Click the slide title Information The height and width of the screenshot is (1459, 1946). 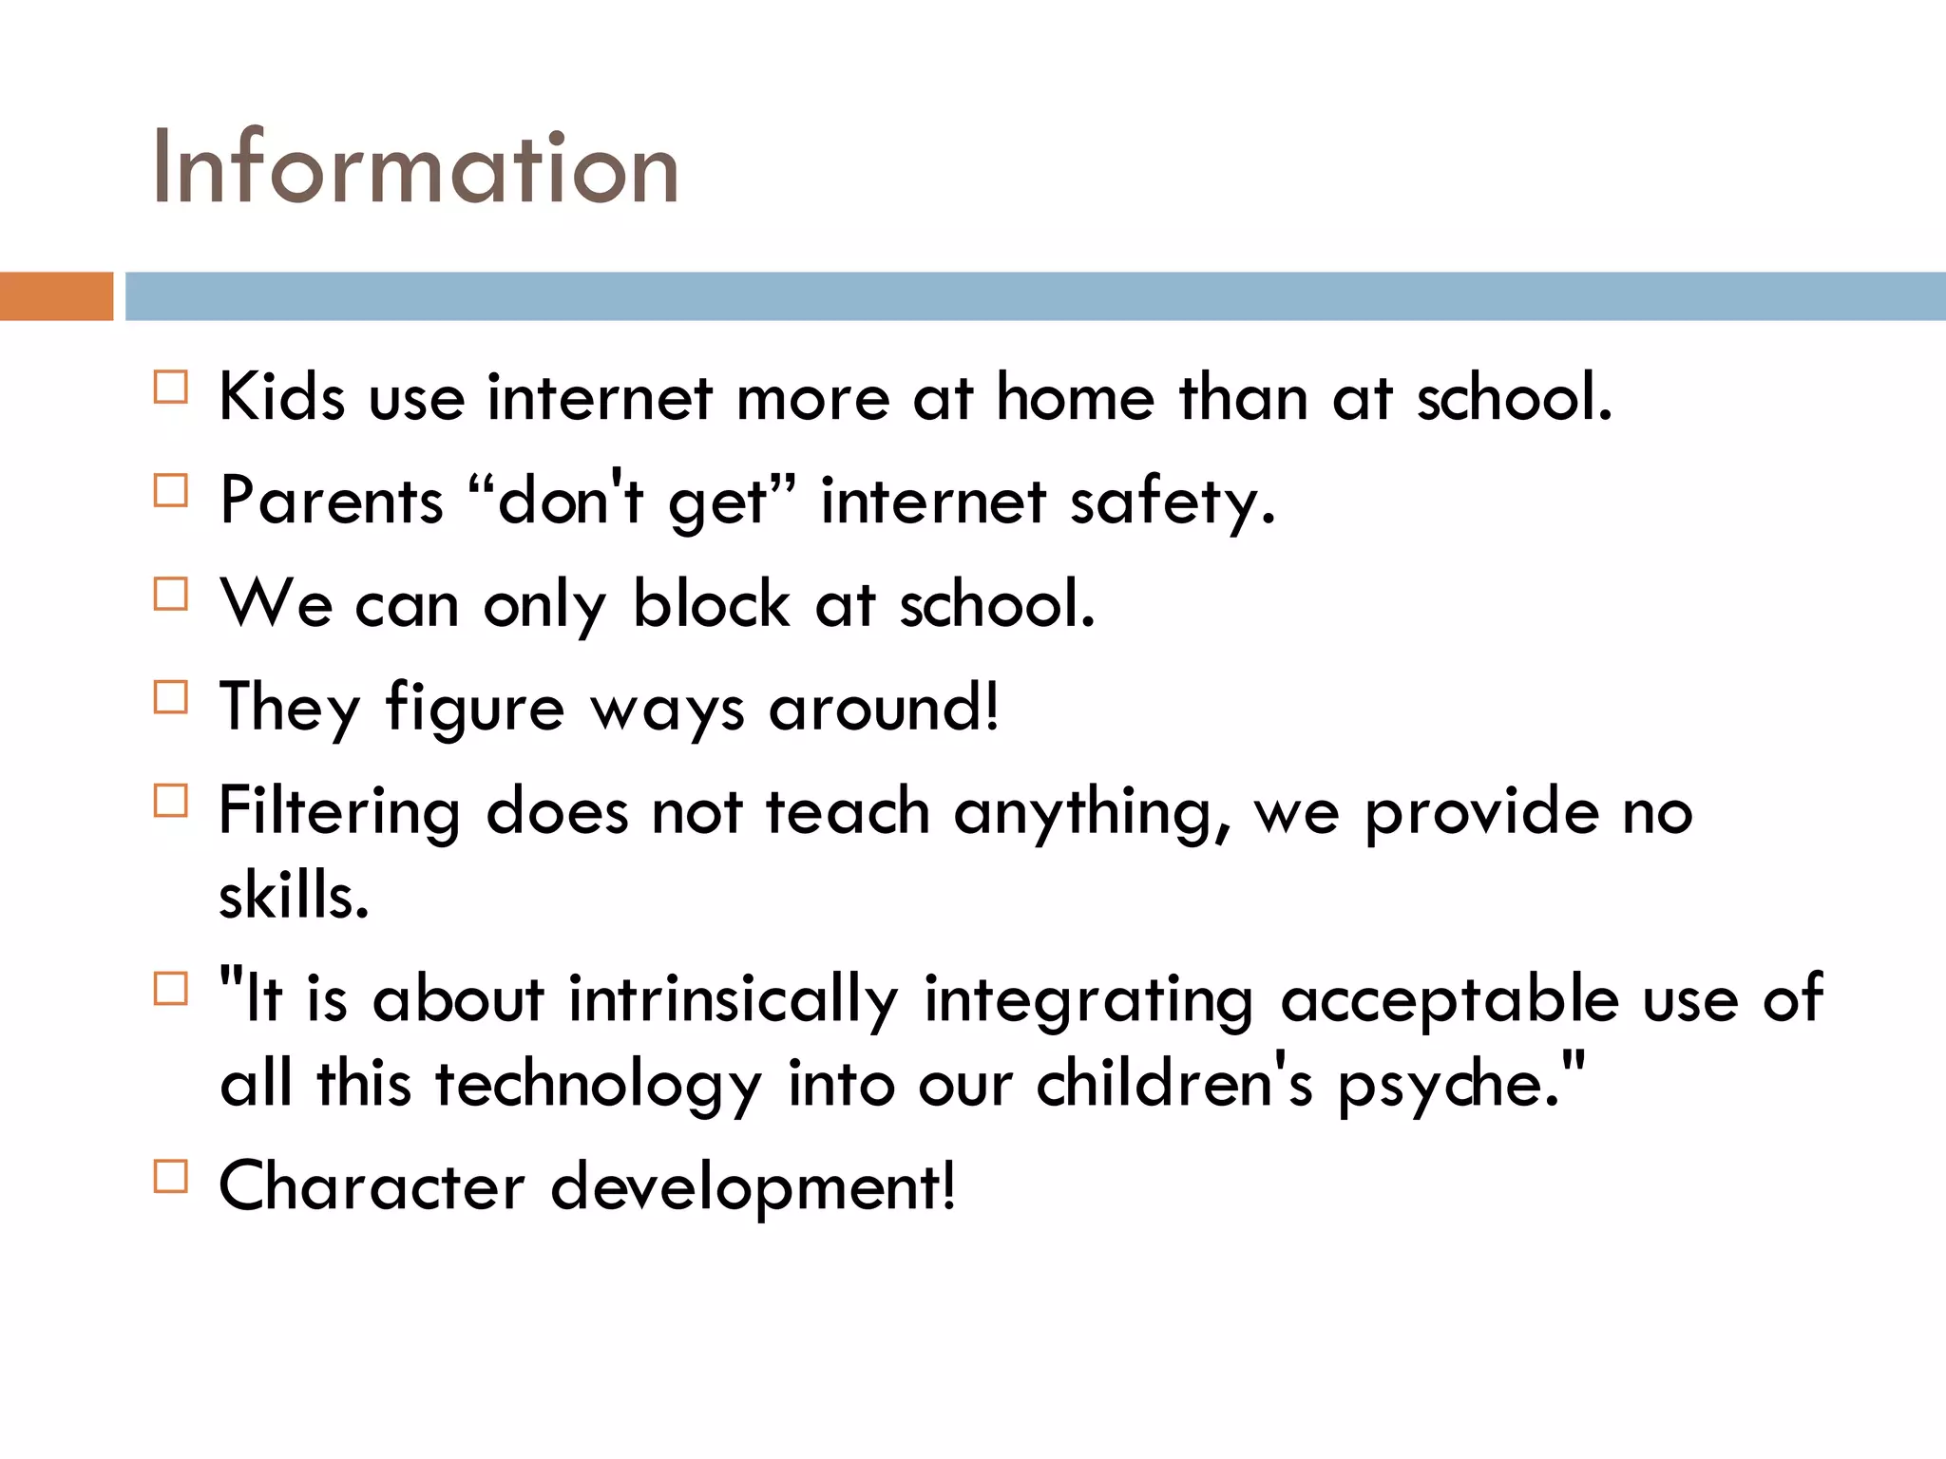click(x=415, y=168)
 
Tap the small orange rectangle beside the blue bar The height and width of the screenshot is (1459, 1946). click(x=56, y=296)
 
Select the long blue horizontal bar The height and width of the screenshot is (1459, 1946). click(x=1035, y=296)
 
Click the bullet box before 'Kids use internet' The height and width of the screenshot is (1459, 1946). click(x=171, y=388)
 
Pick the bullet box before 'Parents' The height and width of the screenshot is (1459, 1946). click(x=171, y=491)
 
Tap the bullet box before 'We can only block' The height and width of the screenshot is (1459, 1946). click(x=171, y=595)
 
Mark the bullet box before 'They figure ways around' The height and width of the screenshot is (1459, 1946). click(x=171, y=698)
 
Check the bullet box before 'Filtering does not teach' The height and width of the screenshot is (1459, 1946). click(x=171, y=802)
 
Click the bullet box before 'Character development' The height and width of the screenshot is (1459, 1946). click(x=171, y=1177)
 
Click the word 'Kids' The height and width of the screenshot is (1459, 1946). click(x=281, y=396)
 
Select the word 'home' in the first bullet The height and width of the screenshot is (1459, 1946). click(x=1075, y=396)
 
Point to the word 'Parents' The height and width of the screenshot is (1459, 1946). click(x=331, y=501)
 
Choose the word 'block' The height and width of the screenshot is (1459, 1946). click(x=711, y=603)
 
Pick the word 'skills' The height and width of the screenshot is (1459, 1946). click(x=293, y=895)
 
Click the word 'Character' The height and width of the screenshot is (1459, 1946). click(x=372, y=1186)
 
